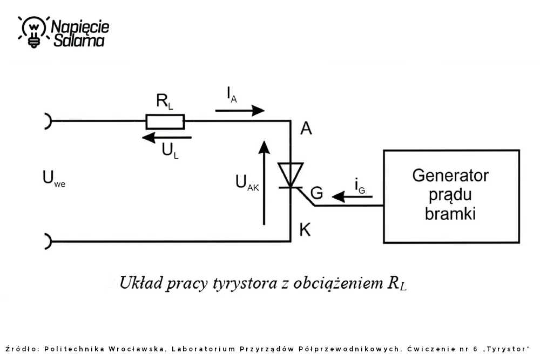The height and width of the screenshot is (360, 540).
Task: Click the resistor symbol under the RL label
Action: click(165, 121)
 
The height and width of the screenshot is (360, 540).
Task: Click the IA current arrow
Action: click(240, 111)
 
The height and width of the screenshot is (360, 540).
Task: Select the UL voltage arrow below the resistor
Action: click(167, 138)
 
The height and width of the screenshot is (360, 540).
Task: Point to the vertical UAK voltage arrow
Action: click(264, 183)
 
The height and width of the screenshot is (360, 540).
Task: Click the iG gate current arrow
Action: click(352, 196)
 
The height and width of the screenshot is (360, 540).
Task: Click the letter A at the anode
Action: click(306, 128)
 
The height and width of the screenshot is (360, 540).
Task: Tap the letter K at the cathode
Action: click(305, 229)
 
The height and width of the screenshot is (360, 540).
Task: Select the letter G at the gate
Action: click(316, 193)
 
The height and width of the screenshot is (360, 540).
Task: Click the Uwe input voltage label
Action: click(53, 179)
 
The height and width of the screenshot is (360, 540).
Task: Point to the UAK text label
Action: click(247, 182)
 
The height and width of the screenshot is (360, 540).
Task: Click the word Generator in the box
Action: click(450, 175)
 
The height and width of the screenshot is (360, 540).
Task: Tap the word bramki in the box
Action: click(450, 213)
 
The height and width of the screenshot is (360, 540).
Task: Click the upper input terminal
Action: click(48, 121)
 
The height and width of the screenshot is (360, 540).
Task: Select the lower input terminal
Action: click(48, 241)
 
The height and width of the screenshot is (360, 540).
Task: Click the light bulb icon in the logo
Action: click(33, 32)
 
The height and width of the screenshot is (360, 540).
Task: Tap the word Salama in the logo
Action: click(79, 40)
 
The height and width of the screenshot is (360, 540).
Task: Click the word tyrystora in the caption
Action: click(245, 283)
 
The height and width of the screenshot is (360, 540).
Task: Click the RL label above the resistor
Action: click(164, 101)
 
